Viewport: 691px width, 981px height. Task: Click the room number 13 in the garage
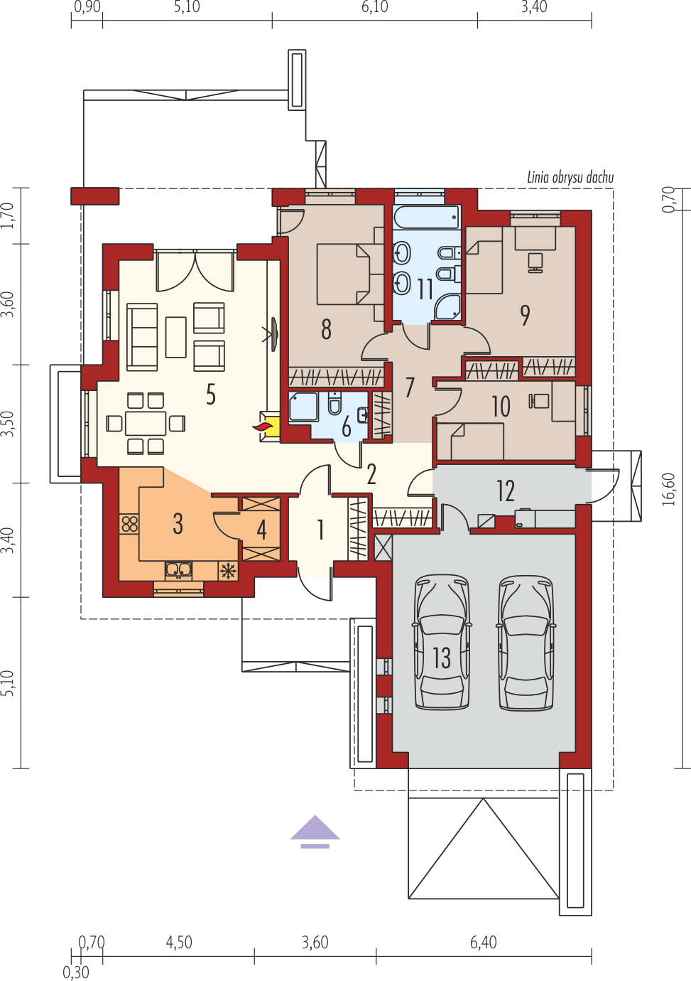click(441, 658)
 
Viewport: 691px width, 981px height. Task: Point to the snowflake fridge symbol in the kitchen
click(228, 571)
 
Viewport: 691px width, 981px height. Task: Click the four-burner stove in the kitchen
click(129, 523)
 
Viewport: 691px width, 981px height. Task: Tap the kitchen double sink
click(178, 570)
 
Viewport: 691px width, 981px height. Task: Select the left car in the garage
click(442, 642)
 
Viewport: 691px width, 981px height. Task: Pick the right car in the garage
click(526, 642)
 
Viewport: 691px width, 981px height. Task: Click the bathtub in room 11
click(427, 217)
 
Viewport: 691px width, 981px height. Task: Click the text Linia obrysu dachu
click(570, 178)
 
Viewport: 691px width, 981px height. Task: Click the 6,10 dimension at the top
click(375, 7)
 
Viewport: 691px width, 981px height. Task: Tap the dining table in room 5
click(146, 423)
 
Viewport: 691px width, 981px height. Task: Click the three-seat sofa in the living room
click(142, 337)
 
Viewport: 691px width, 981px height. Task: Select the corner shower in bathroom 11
click(447, 306)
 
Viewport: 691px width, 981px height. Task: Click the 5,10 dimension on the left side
click(10, 682)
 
